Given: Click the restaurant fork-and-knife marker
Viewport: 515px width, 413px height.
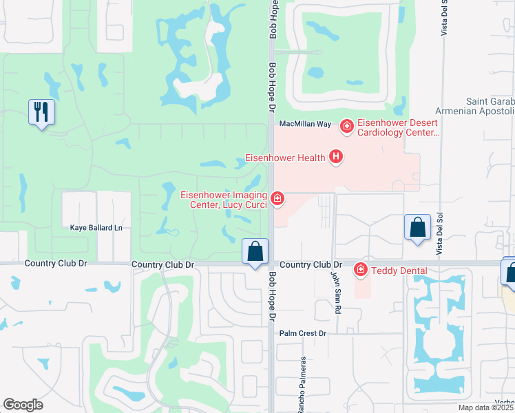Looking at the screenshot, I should pyautogui.click(x=41, y=112).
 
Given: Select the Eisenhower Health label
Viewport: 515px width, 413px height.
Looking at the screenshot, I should pyautogui.click(x=285, y=158).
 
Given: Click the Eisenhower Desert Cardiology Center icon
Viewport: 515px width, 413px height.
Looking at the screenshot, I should pyautogui.click(x=346, y=125).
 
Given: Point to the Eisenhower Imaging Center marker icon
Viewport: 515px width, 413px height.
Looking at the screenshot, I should pyautogui.click(x=277, y=199).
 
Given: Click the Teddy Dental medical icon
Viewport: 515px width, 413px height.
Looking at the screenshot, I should pyautogui.click(x=360, y=269).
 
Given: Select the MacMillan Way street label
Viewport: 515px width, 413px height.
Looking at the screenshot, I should pyautogui.click(x=305, y=124).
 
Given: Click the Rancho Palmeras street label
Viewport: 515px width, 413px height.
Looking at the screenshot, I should pyautogui.click(x=302, y=385).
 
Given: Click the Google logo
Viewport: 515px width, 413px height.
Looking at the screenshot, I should pyautogui.click(x=23, y=405).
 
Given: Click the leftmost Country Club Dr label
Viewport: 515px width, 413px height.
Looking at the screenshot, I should pyautogui.click(x=54, y=264).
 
